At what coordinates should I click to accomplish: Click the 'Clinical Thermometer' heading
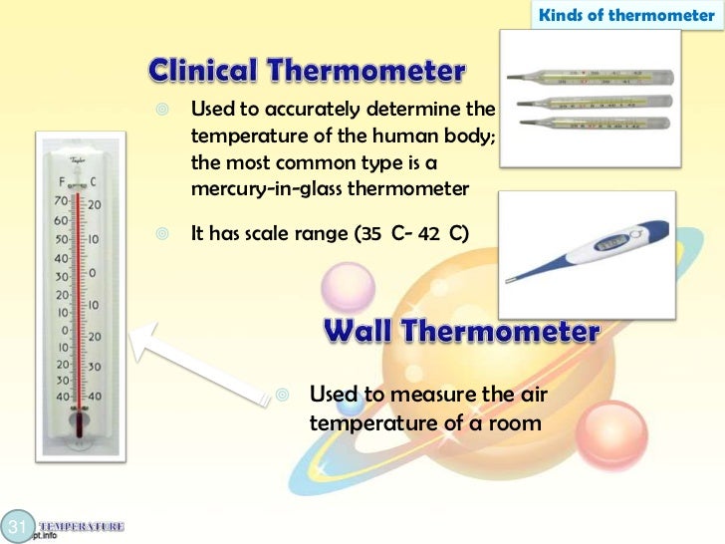click(x=307, y=72)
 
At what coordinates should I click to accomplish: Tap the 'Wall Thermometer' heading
click(x=461, y=332)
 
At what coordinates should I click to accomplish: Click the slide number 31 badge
click(x=16, y=526)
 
